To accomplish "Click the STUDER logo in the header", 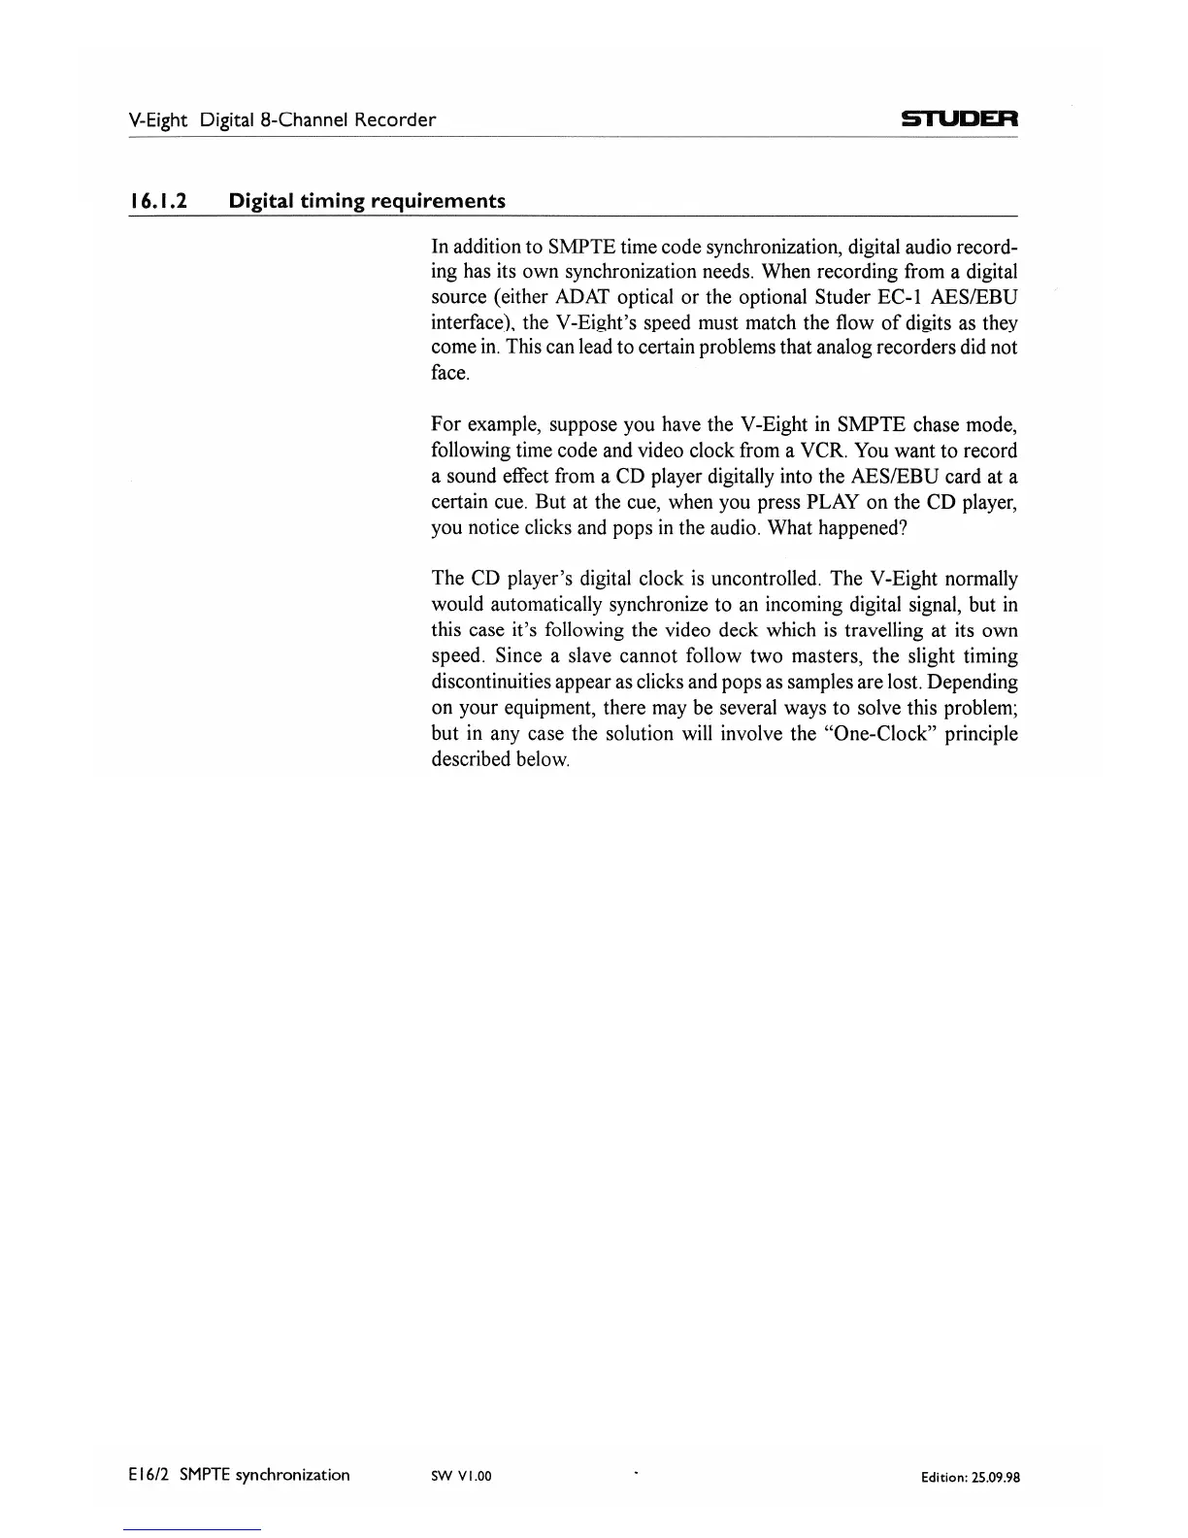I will coord(958,120).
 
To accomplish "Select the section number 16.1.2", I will coord(158,201).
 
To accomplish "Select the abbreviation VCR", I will coord(823,451).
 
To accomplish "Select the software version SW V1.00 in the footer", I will coord(462,1476).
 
